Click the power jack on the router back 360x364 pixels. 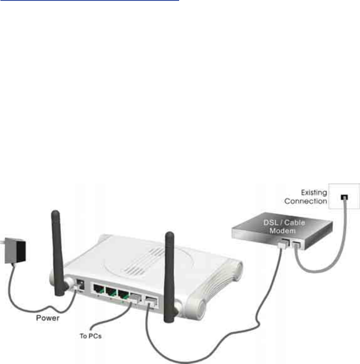80,285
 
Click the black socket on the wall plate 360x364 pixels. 345,197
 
